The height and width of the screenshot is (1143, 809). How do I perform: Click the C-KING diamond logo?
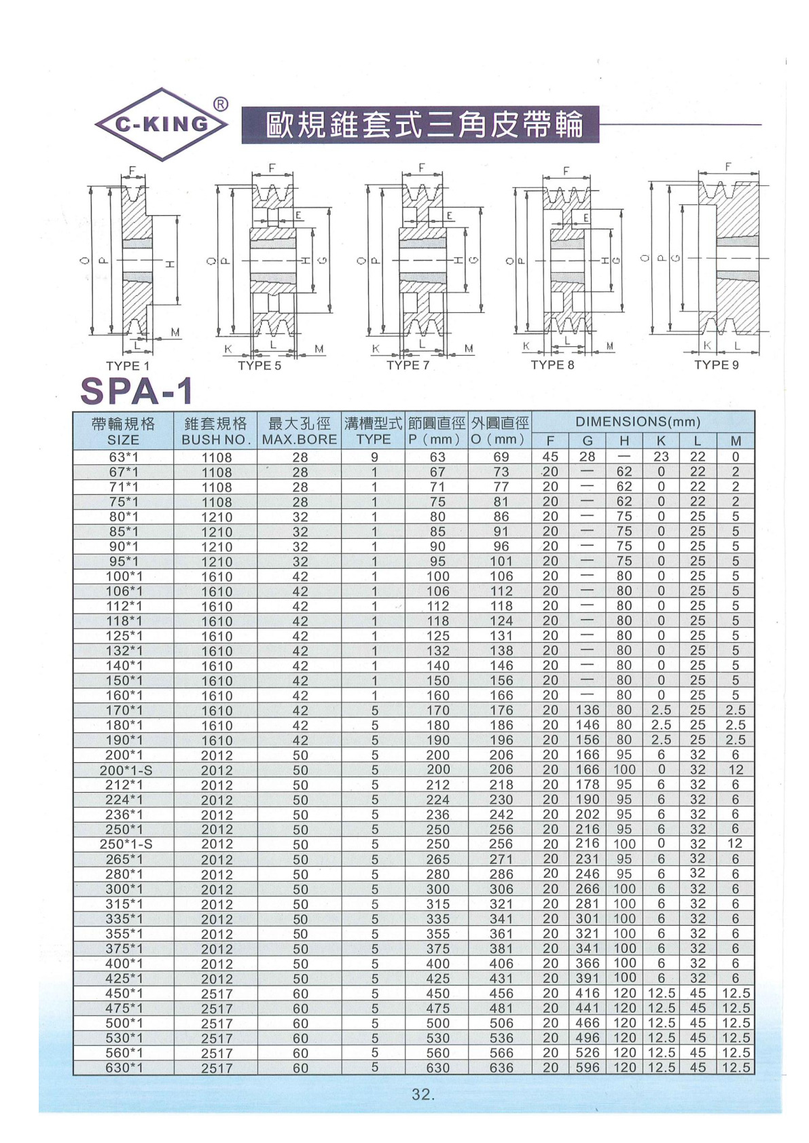click(162, 124)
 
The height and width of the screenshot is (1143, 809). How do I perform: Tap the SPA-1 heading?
click(137, 391)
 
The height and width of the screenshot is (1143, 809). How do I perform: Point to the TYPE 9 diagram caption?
click(716, 365)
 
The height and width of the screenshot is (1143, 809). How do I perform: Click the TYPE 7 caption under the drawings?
click(408, 365)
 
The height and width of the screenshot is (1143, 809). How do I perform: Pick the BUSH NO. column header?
click(217, 439)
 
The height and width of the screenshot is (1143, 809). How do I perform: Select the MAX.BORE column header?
click(300, 439)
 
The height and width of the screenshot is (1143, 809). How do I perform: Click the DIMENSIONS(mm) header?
click(638, 421)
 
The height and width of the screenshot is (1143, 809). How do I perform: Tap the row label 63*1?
click(124, 457)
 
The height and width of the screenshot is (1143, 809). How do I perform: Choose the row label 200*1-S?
click(124, 770)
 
